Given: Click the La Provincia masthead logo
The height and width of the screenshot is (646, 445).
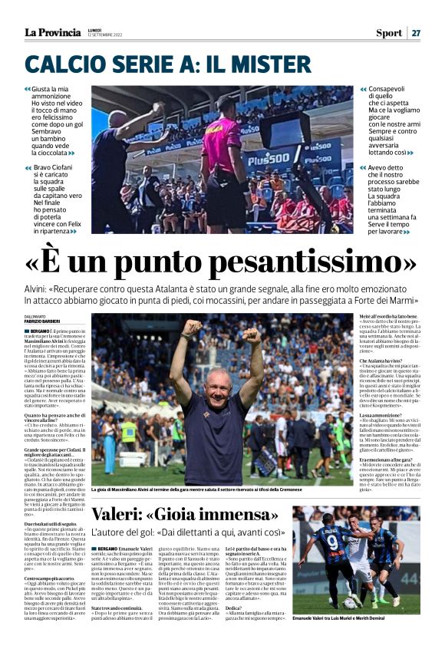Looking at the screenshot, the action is (x=52, y=32).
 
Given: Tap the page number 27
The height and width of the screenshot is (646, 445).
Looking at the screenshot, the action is (x=415, y=33).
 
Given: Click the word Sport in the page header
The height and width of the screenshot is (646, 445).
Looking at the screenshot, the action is (x=388, y=33).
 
